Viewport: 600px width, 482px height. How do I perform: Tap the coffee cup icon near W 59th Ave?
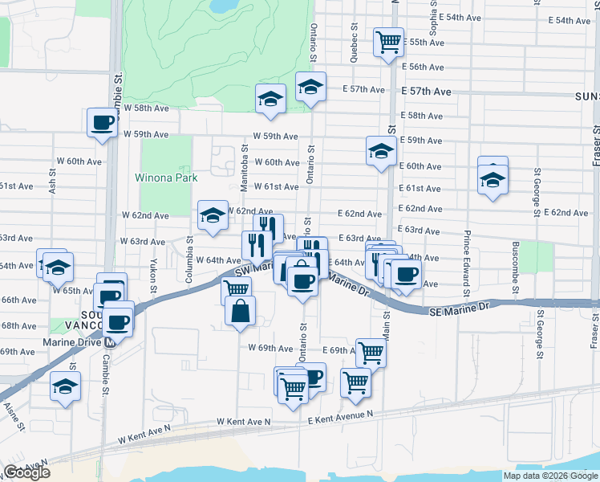(x=103, y=123)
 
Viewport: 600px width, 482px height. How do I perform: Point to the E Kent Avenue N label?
(x=340, y=415)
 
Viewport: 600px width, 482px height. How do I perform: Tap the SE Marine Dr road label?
(x=458, y=309)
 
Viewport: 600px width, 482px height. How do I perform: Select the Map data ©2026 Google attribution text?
(x=550, y=476)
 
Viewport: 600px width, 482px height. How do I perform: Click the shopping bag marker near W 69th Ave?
(x=241, y=311)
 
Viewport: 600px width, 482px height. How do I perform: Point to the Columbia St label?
(x=189, y=249)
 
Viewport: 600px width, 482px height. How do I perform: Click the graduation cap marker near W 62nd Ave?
(x=213, y=215)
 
